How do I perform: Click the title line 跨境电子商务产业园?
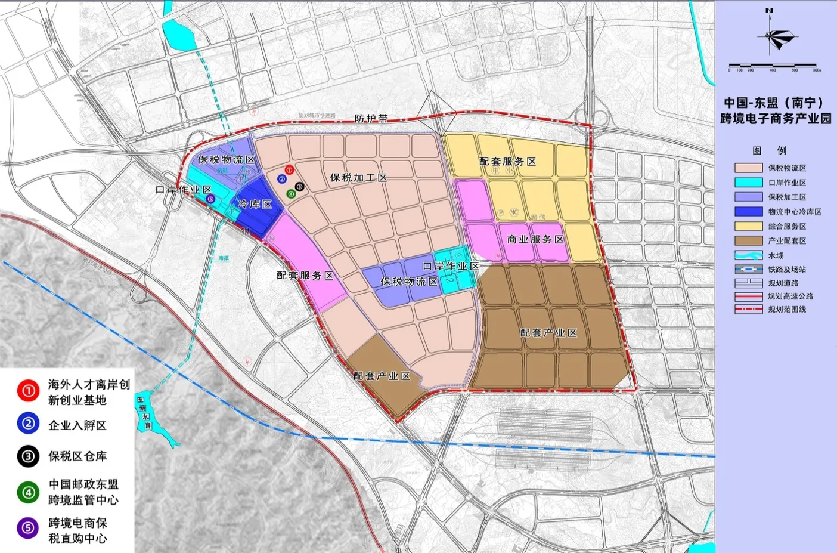pyautogui.click(x=776, y=119)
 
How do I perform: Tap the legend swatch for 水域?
pyautogui.click(x=748, y=255)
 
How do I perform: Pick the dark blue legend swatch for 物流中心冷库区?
pyautogui.click(x=748, y=212)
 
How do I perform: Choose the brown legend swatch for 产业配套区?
pyautogui.click(x=748, y=241)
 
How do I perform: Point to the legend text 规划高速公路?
pyautogui.click(x=790, y=296)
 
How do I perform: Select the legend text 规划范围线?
pyautogui.click(x=786, y=310)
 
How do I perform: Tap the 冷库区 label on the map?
pyautogui.click(x=255, y=205)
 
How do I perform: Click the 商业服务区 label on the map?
pyautogui.click(x=535, y=239)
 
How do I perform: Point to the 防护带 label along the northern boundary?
pyautogui.click(x=371, y=119)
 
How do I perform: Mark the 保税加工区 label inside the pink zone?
pyautogui.click(x=358, y=178)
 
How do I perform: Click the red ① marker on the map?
pyautogui.click(x=289, y=170)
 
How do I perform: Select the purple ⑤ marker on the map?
pyautogui.click(x=209, y=199)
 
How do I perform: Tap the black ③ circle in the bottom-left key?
pyautogui.click(x=28, y=457)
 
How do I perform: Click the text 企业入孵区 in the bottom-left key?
pyautogui.click(x=77, y=425)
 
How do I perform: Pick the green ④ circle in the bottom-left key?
pyautogui.click(x=28, y=493)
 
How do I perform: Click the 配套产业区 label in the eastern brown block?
pyautogui.click(x=548, y=333)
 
